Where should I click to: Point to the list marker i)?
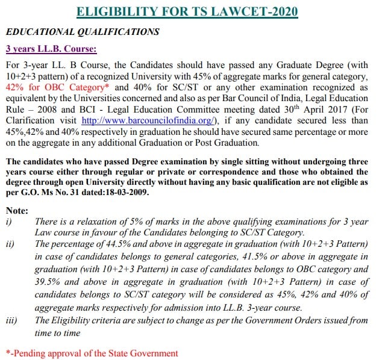point(9,222)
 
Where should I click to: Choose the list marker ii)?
point(10,244)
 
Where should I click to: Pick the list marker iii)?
point(11,321)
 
